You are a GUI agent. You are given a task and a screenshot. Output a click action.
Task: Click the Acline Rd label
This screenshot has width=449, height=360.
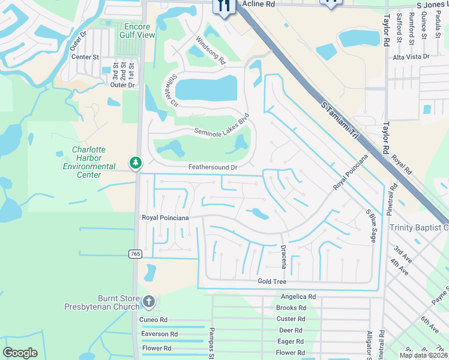pyautogui.click(x=258, y=4)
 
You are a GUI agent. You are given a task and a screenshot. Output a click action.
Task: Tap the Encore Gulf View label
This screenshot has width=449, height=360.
pyautogui.click(x=139, y=31)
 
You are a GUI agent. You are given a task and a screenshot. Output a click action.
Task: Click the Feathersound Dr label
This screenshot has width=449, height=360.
pyautogui.click(x=213, y=167)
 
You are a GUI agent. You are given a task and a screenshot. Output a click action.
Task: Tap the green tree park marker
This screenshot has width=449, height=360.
pyautogui.click(x=136, y=163)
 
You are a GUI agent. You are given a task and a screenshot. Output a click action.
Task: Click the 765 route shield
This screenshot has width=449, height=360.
pyautogui.click(x=135, y=254)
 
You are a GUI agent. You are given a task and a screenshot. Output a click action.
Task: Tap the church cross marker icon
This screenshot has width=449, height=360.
pyautogui.click(x=149, y=301)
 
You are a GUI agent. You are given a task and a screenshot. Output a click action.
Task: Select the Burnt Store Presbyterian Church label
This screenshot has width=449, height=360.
pyautogui.click(x=101, y=302)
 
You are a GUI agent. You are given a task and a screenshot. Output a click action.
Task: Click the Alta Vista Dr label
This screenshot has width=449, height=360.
pyautogui.click(x=411, y=56)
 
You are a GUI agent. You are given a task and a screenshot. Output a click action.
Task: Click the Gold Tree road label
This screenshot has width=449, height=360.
pyautogui.click(x=272, y=281)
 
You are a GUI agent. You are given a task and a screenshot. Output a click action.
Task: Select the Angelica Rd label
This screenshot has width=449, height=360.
pyautogui.click(x=298, y=297)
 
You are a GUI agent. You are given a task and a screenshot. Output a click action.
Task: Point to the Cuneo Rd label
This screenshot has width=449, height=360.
pyautogui.click(x=154, y=320)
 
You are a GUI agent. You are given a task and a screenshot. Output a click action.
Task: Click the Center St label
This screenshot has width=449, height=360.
pyautogui.click(x=85, y=57)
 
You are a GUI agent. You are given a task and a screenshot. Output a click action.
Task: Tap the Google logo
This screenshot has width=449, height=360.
pyautogui.click(x=20, y=353)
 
